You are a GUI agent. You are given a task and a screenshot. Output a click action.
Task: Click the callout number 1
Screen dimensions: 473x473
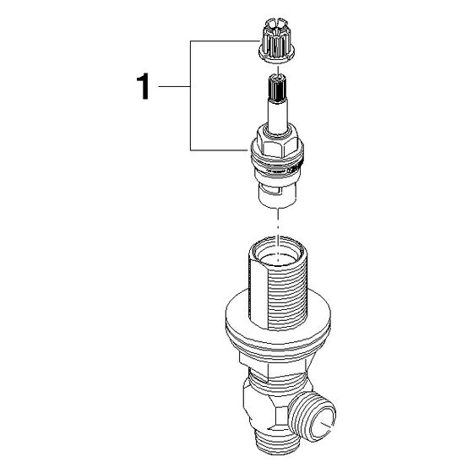tap(143, 86)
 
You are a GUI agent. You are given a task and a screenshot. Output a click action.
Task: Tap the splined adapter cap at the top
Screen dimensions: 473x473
tap(276, 41)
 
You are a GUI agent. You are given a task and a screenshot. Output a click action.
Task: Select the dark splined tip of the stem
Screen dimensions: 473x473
tap(278, 88)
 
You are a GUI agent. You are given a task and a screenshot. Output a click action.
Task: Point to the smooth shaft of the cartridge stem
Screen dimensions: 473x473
tap(278, 117)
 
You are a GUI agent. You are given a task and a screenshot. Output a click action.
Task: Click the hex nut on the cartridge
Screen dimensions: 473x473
tap(277, 142)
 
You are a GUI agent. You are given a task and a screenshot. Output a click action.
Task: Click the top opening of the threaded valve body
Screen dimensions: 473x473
tap(278, 251)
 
